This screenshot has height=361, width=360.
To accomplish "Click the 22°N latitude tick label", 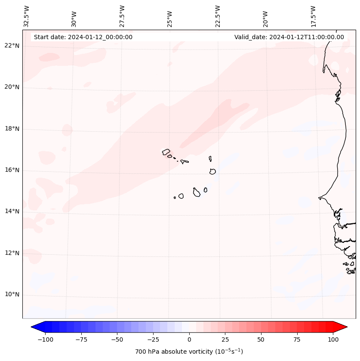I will [x=12, y=46].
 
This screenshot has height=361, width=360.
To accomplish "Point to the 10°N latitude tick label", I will [x=12, y=295].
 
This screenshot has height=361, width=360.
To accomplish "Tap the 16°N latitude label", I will [x=12, y=170].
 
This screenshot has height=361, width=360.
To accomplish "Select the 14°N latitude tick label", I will [x=12, y=212].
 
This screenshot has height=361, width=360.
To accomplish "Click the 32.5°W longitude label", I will [x=27, y=16].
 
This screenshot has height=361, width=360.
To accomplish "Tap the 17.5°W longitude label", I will [x=313, y=16].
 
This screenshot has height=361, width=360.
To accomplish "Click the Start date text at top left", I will [x=83, y=37].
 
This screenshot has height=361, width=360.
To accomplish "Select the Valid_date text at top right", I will [x=289, y=37].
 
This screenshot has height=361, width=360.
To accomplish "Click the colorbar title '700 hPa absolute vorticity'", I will [x=189, y=352].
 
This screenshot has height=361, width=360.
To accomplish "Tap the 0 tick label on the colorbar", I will [x=189, y=339].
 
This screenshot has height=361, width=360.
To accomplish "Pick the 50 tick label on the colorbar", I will [x=261, y=339].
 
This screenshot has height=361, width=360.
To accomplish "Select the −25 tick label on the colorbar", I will [x=153, y=339].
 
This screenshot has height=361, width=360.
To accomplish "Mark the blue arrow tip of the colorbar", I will [x=35, y=327].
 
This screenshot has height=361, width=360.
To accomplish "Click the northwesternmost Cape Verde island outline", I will [x=166, y=152].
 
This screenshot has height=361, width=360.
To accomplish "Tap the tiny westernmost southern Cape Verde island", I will [x=175, y=197].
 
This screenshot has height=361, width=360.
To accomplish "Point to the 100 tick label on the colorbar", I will [x=333, y=339].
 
